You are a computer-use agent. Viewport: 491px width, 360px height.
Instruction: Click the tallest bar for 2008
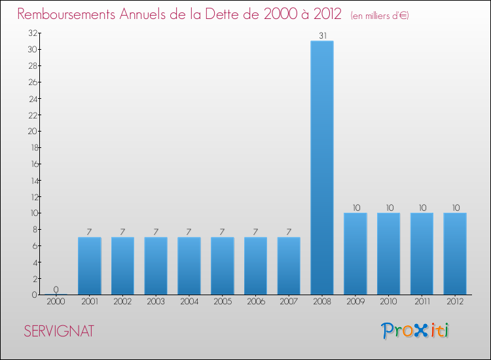coord(322,168)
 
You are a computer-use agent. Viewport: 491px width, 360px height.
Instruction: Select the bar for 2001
coord(89,266)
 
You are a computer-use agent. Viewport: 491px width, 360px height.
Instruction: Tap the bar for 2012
coord(455,253)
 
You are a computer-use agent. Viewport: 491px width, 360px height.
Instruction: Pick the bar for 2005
coord(222,266)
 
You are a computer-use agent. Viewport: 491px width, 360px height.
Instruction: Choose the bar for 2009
coord(355,253)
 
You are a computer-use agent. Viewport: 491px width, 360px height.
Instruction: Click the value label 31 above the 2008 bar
coord(322,36)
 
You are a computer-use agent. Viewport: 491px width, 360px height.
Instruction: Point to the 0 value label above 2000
coord(56,289)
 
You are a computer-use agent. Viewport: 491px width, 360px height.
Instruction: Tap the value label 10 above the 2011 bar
coord(422,208)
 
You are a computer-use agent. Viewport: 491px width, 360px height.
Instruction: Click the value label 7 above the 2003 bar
coord(156,232)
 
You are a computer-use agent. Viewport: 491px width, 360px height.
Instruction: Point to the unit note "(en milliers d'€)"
coord(380,15)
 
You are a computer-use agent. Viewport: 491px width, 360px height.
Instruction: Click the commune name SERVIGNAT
coord(59,331)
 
